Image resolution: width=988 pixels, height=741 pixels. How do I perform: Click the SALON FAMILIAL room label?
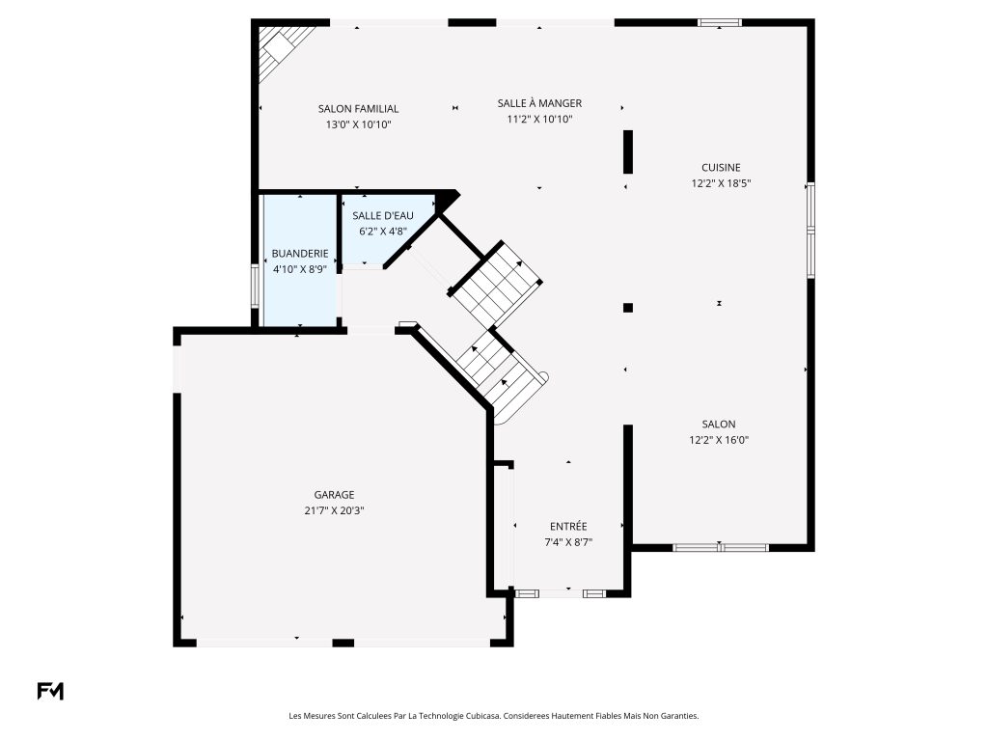pos(358,109)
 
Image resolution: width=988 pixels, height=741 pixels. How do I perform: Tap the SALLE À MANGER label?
pos(539,103)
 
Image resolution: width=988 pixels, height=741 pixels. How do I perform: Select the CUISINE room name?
pos(721,168)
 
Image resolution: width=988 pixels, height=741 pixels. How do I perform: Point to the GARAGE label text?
pos(334,495)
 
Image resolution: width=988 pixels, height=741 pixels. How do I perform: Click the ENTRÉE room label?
pos(568,527)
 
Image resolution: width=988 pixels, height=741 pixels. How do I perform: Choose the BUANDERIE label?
pos(300,254)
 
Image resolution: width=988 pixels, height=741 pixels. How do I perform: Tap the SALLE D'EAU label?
pos(383,216)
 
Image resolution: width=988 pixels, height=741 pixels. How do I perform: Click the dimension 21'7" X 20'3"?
pos(334,511)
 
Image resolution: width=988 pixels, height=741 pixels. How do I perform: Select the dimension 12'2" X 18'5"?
pos(721,184)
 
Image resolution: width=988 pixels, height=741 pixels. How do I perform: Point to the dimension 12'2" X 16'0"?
pos(718,440)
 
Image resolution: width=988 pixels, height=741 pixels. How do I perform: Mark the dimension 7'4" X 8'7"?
pos(568,542)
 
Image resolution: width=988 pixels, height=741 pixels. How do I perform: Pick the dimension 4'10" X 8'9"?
pos(300,270)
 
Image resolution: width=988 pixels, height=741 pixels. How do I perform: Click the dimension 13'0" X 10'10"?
pos(358,124)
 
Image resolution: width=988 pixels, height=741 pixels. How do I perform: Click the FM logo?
pos(50,691)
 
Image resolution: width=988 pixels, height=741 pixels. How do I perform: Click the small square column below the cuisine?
pos(627,308)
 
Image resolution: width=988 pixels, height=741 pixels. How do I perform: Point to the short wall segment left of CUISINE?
pos(627,151)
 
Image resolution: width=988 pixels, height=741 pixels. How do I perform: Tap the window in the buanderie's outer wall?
pos(255,286)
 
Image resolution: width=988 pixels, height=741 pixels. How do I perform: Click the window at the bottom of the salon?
pos(721,548)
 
